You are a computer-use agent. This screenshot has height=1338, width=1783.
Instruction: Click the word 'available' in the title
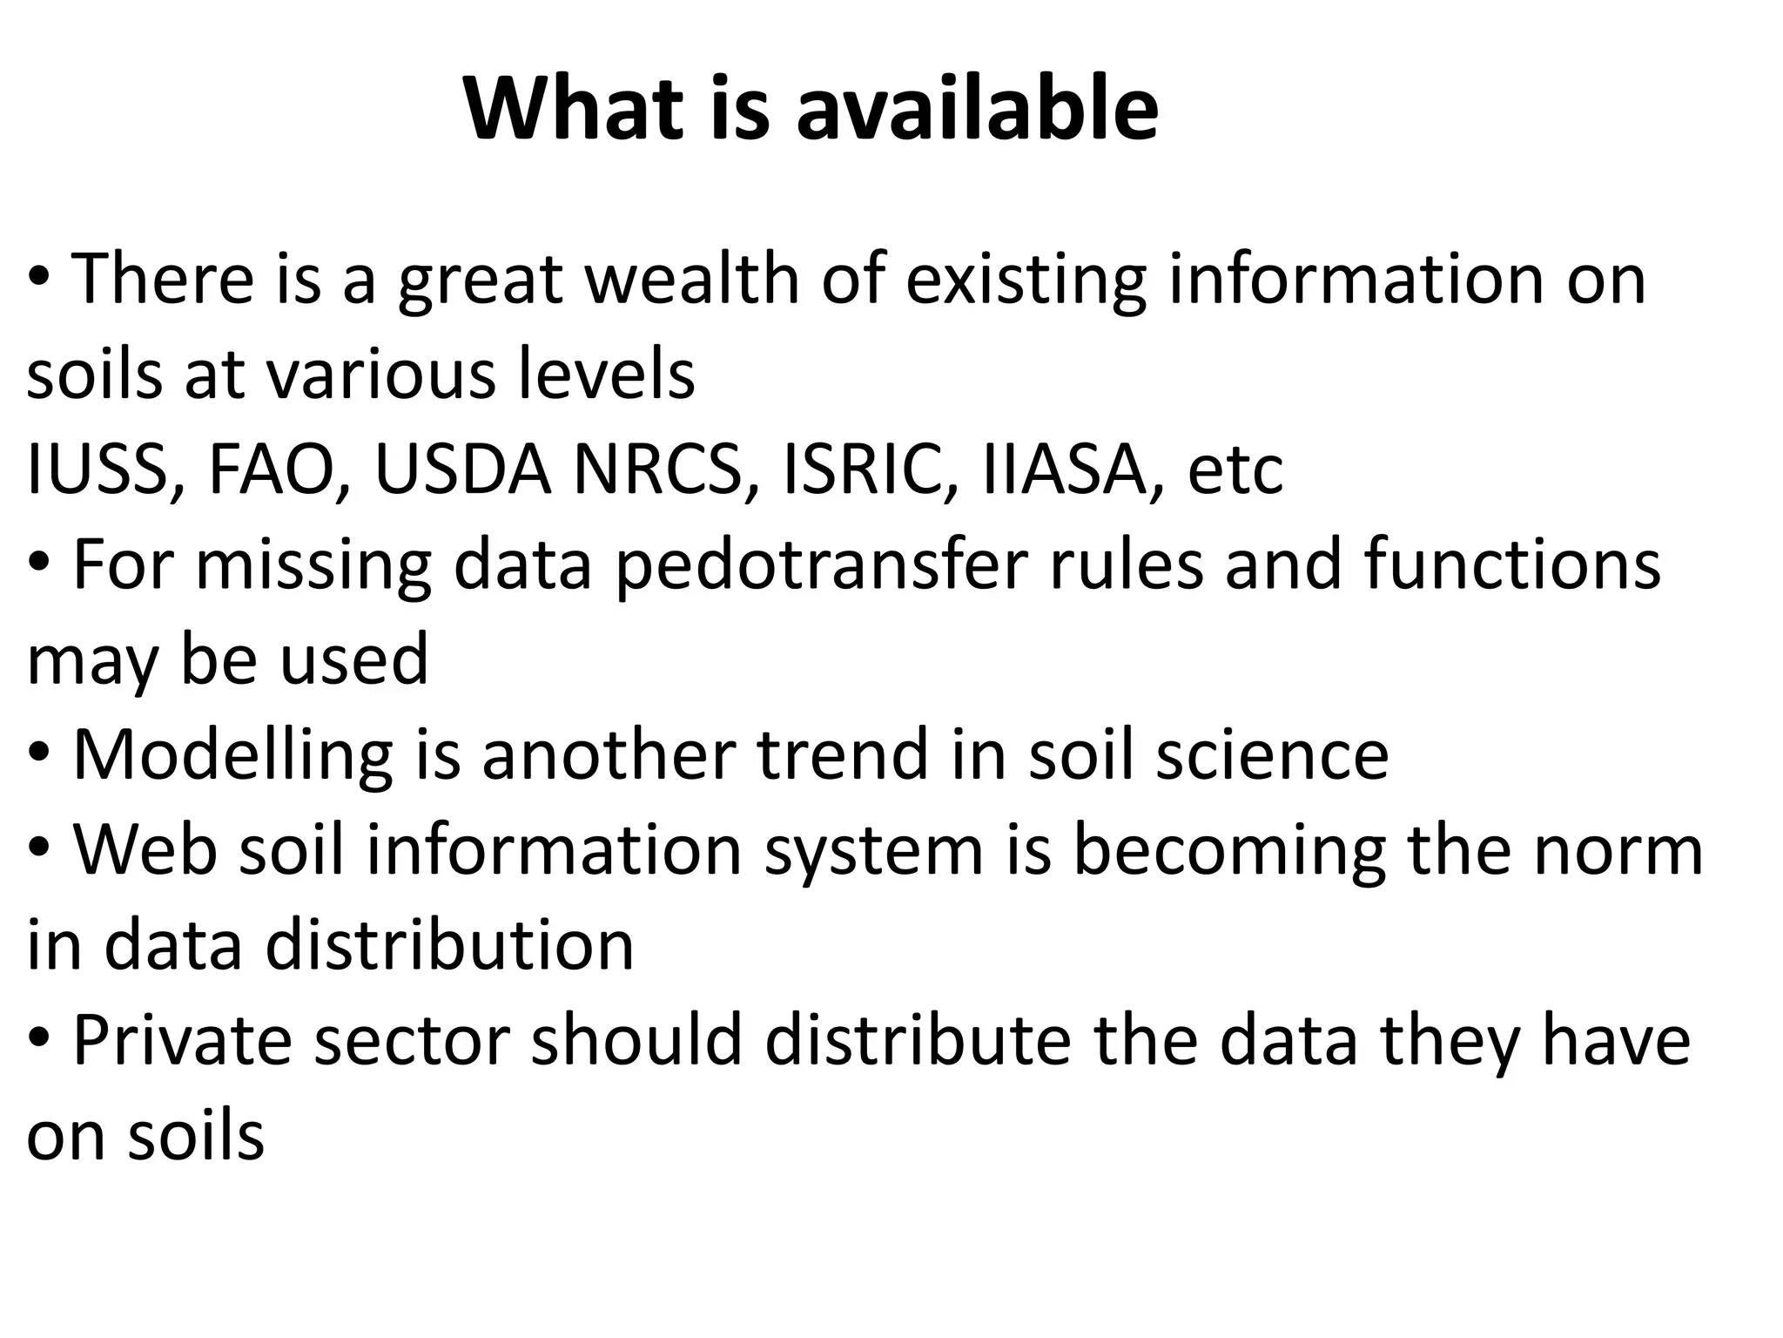pyautogui.click(x=977, y=110)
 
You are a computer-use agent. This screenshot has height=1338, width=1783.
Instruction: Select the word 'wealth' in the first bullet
pyautogui.click(x=691, y=280)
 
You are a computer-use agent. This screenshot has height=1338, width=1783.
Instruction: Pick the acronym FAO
pyautogui.click(x=271, y=470)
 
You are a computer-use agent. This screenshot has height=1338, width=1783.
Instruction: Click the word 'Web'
pyautogui.click(x=145, y=850)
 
